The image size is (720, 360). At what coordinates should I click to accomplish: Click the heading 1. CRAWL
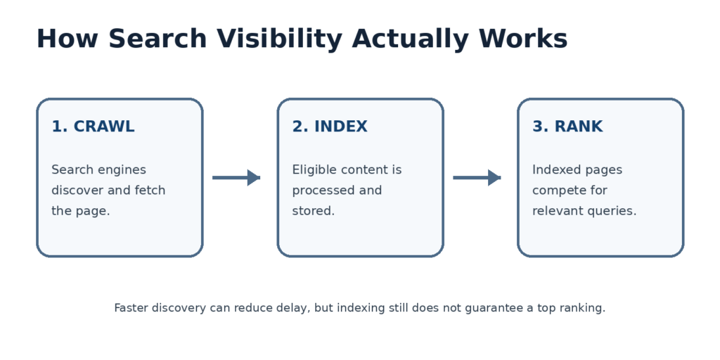(x=93, y=127)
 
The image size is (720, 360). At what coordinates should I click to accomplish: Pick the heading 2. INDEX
(x=330, y=127)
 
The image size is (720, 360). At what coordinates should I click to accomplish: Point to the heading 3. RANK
(x=567, y=127)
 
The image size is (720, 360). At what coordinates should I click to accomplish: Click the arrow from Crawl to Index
(x=236, y=177)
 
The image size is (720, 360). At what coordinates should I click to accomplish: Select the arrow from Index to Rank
(x=477, y=177)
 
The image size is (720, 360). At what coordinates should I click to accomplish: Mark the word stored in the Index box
(x=313, y=211)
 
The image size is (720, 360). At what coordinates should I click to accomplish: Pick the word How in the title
(x=67, y=39)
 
